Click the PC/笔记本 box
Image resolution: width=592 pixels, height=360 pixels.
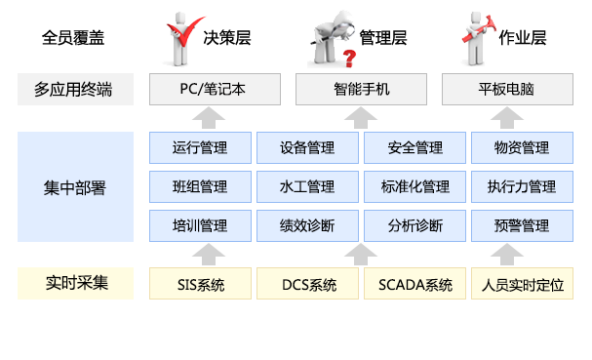tap(214, 90)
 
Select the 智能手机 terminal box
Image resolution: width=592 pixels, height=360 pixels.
tap(361, 90)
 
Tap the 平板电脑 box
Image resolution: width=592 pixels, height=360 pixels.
tap(507, 90)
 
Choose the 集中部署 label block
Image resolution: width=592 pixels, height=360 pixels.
tap(76, 187)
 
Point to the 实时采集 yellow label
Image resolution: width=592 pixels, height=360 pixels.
tap(76, 284)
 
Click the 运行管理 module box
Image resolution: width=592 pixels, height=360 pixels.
tap(199, 148)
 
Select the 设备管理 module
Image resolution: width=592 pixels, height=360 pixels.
tap(307, 148)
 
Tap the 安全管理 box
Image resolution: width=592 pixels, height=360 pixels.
tap(414, 148)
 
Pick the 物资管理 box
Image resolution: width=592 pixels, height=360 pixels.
tap(522, 148)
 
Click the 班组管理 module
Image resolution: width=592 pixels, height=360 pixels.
tap(199, 186)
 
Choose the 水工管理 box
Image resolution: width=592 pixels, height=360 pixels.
tap(307, 186)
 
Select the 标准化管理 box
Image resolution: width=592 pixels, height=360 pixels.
tap(414, 186)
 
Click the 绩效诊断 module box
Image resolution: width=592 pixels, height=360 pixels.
tap(307, 225)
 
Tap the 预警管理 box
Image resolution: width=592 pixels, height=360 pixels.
tap(522, 225)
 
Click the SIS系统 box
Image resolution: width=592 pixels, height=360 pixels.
tap(200, 285)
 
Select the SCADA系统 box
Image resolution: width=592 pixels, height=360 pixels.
tap(414, 285)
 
